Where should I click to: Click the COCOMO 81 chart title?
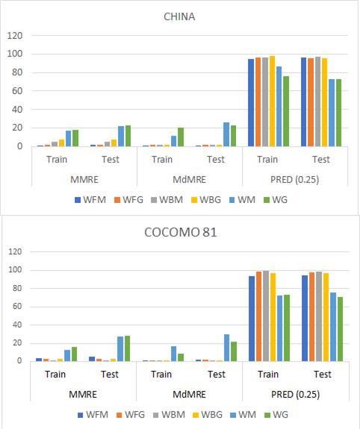(180, 232)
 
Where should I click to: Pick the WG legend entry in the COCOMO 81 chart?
(276, 414)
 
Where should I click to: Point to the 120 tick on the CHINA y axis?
(16, 36)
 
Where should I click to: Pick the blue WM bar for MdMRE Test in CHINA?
(226, 134)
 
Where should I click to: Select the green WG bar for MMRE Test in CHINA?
(128, 136)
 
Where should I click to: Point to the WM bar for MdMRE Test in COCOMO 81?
(226, 348)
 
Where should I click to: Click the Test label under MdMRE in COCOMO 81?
(215, 374)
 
